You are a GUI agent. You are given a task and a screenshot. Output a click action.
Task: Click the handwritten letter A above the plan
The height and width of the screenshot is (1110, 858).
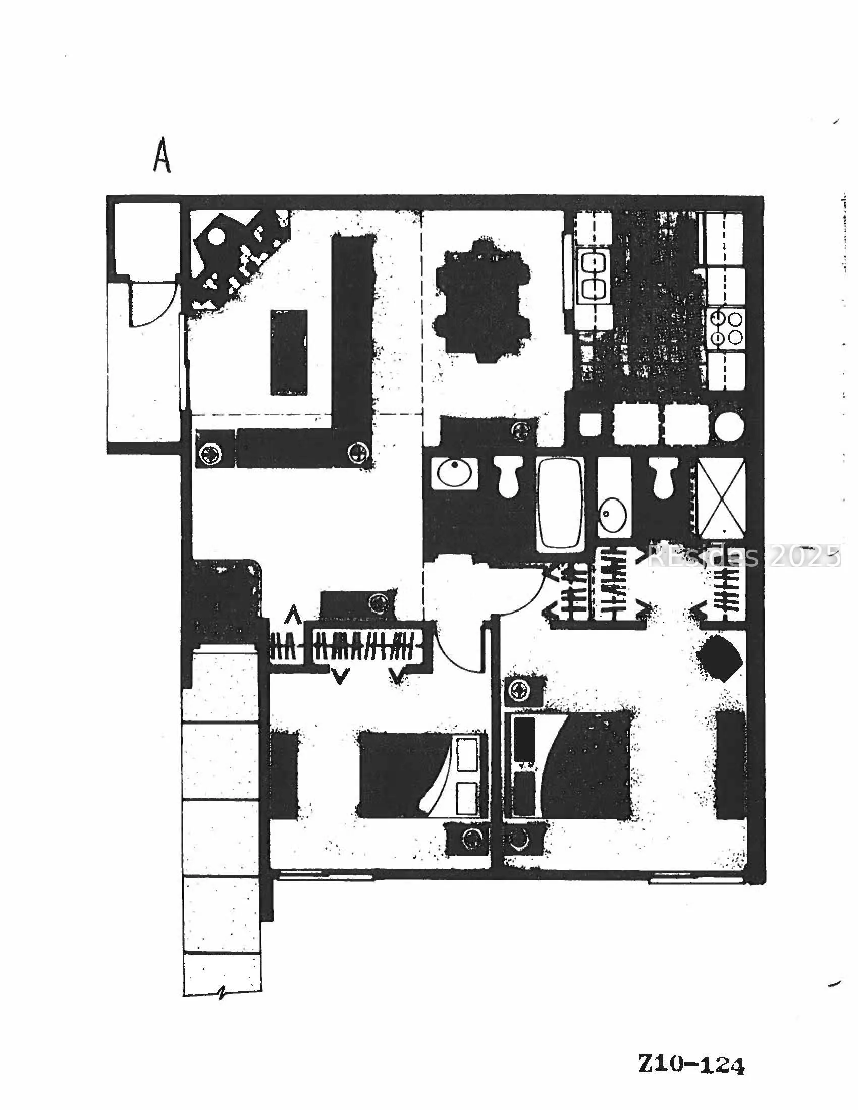coord(162,155)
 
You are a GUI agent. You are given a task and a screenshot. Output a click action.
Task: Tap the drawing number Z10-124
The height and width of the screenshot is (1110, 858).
coord(691,1064)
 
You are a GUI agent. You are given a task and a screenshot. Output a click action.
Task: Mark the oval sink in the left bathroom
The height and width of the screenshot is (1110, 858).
coord(455,473)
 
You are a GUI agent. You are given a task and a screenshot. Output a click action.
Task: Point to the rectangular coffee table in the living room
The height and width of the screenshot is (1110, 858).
coord(289,352)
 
